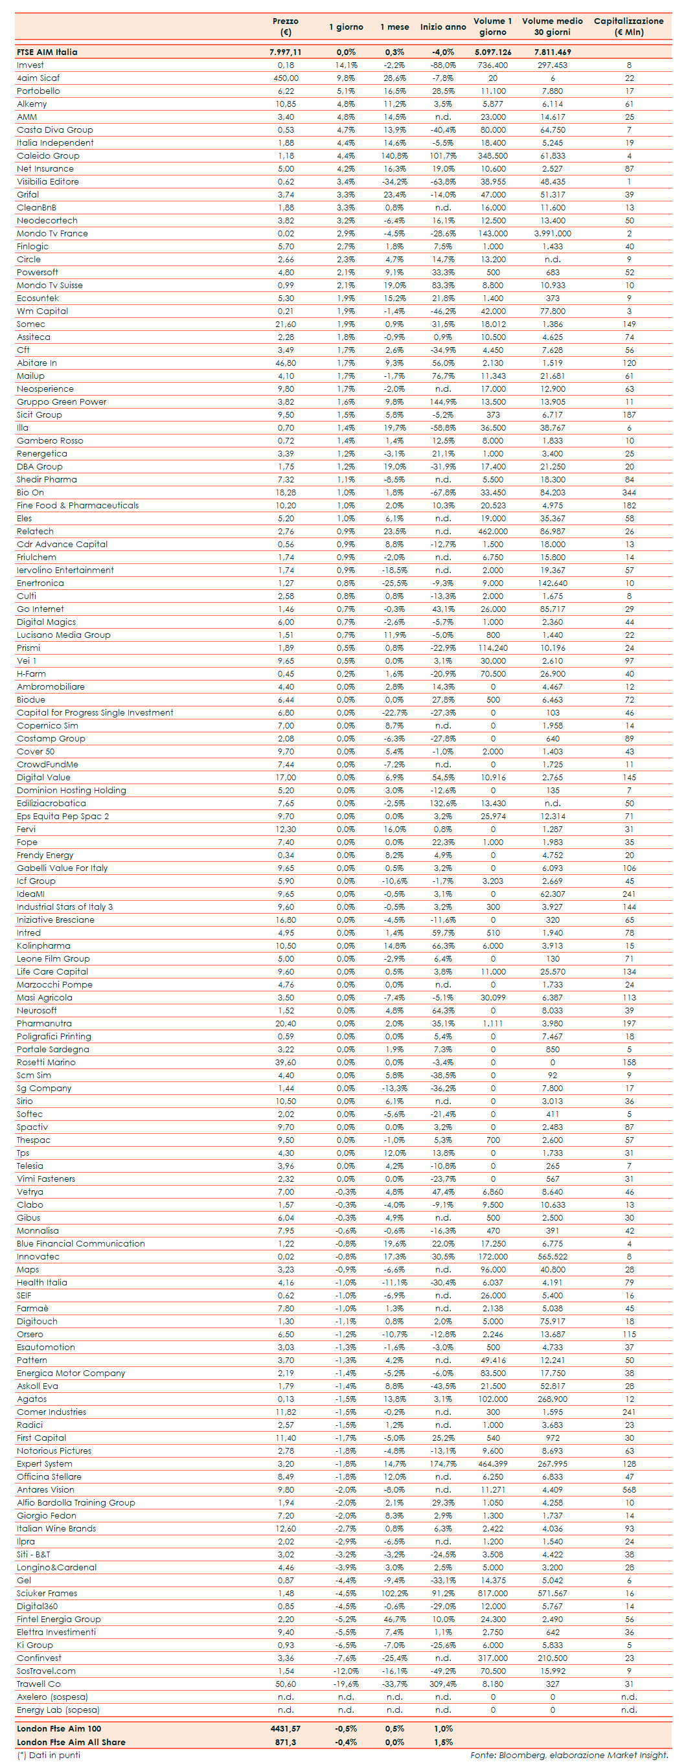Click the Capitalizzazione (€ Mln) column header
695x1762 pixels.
point(628,26)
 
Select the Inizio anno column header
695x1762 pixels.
point(442,27)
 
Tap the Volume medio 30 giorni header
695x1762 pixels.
point(552,26)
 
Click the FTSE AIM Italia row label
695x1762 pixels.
point(47,52)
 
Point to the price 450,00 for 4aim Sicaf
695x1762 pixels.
point(285,78)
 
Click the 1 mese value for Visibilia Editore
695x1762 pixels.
point(394,182)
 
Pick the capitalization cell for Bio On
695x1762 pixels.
point(629,493)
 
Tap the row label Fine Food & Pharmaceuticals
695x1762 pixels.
point(77,506)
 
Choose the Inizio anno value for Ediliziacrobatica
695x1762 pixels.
point(442,803)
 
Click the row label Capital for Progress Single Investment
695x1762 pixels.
point(95,713)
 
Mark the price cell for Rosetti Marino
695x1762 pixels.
point(285,1062)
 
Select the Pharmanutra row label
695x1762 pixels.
point(44,1023)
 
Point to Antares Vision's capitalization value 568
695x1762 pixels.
point(629,1490)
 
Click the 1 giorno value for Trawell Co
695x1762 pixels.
point(345,1684)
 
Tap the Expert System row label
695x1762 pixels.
point(45,1463)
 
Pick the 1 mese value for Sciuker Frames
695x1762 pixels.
point(394,1593)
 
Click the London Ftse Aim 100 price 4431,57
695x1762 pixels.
point(285,1728)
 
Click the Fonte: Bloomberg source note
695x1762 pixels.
point(569,1755)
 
